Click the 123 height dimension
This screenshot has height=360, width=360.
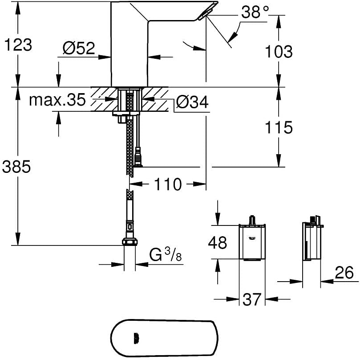click(x=18, y=45)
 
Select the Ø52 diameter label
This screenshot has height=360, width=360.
click(x=79, y=48)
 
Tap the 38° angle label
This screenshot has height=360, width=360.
click(x=255, y=12)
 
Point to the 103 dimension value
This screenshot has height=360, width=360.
click(x=279, y=51)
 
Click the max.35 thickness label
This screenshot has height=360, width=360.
click(x=57, y=99)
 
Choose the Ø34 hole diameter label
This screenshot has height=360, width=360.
click(x=192, y=102)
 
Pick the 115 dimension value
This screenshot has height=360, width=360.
click(x=279, y=127)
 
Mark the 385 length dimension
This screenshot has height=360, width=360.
click(x=16, y=167)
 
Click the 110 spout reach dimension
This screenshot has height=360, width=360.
click(x=168, y=184)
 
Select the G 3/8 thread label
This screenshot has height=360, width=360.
click(x=165, y=255)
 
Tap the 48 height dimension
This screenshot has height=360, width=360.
click(x=218, y=242)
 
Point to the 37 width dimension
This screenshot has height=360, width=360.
click(x=252, y=299)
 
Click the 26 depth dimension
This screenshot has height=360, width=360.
click(x=344, y=273)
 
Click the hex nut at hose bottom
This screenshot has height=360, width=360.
click(x=129, y=242)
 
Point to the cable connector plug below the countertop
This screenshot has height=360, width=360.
click(x=138, y=157)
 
